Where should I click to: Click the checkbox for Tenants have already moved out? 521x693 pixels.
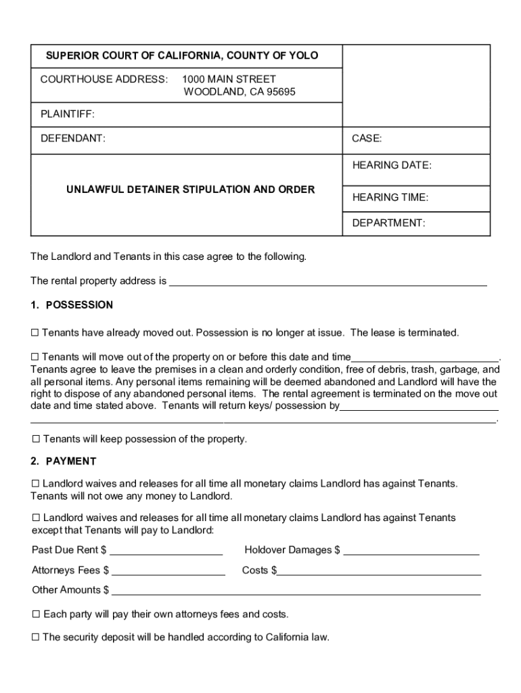(35, 333)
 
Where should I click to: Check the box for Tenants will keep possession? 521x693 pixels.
(36, 439)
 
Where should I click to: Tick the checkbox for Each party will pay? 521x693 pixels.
(36, 614)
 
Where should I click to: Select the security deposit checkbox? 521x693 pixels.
(36, 638)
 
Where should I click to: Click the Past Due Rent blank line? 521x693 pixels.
(166, 551)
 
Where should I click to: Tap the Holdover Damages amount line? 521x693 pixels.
(411, 551)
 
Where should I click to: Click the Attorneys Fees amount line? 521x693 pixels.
(168, 571)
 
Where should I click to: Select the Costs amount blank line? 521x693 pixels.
(379, 571)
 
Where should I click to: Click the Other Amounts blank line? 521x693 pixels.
(296, 591)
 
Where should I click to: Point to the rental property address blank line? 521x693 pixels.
(327, 282)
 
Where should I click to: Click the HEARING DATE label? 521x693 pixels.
(391, 165)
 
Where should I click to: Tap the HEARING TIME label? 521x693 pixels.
(390, 198)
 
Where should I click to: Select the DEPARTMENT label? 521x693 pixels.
(388, 223)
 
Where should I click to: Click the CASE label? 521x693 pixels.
(367, 139)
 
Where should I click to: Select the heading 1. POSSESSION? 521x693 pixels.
(72, 305)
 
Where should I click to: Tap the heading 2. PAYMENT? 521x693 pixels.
(64, 462)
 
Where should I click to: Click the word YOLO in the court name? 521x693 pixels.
(304, 55)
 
